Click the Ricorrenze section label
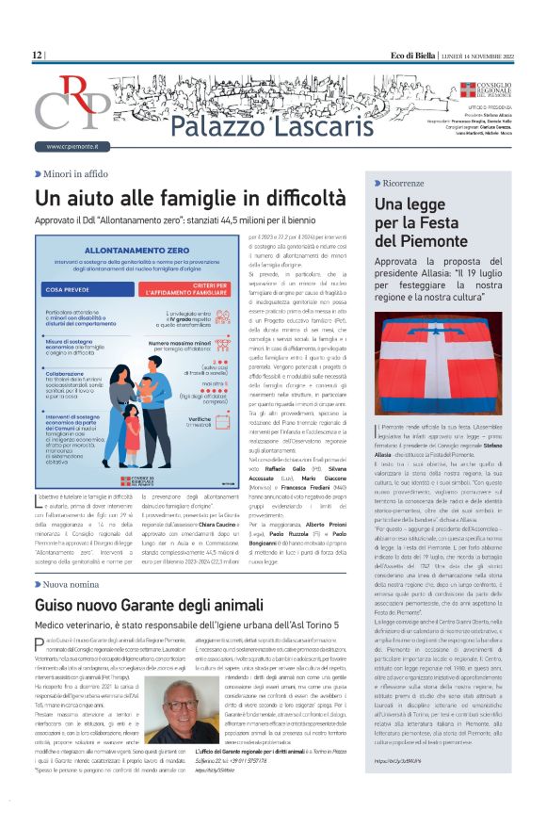[409, 182]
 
